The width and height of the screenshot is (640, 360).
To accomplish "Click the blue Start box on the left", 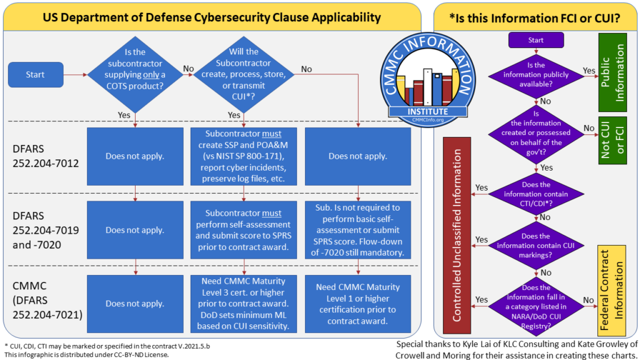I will pyautogui.click(x=35, y=75).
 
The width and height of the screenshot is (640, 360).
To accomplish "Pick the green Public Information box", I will pyautogui.click(x=612, y=72).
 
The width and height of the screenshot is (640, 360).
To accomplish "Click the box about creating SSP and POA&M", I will pyautogui.click(x=244, y=156).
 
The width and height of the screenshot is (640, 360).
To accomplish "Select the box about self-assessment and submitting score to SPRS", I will pyautogui.click(x=244, y=229).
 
